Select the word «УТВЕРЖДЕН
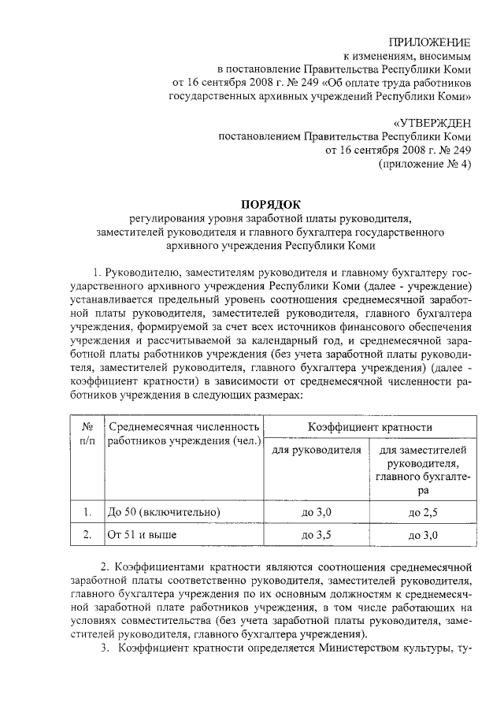tap(432, 121)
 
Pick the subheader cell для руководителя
tap(317, 451)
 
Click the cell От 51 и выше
tap(142, 536)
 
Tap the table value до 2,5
tap(424, 512)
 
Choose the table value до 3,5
tap(317, 536)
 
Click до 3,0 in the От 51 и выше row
tap(424, 536)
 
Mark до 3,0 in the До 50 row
tap(317, 512)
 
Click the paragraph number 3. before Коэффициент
tap(104, 648)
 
